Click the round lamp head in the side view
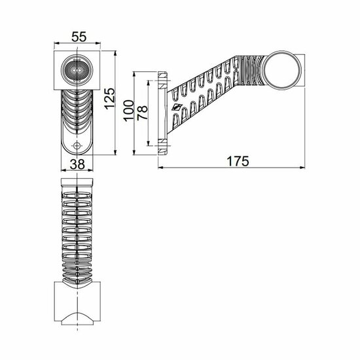(285, 69)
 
